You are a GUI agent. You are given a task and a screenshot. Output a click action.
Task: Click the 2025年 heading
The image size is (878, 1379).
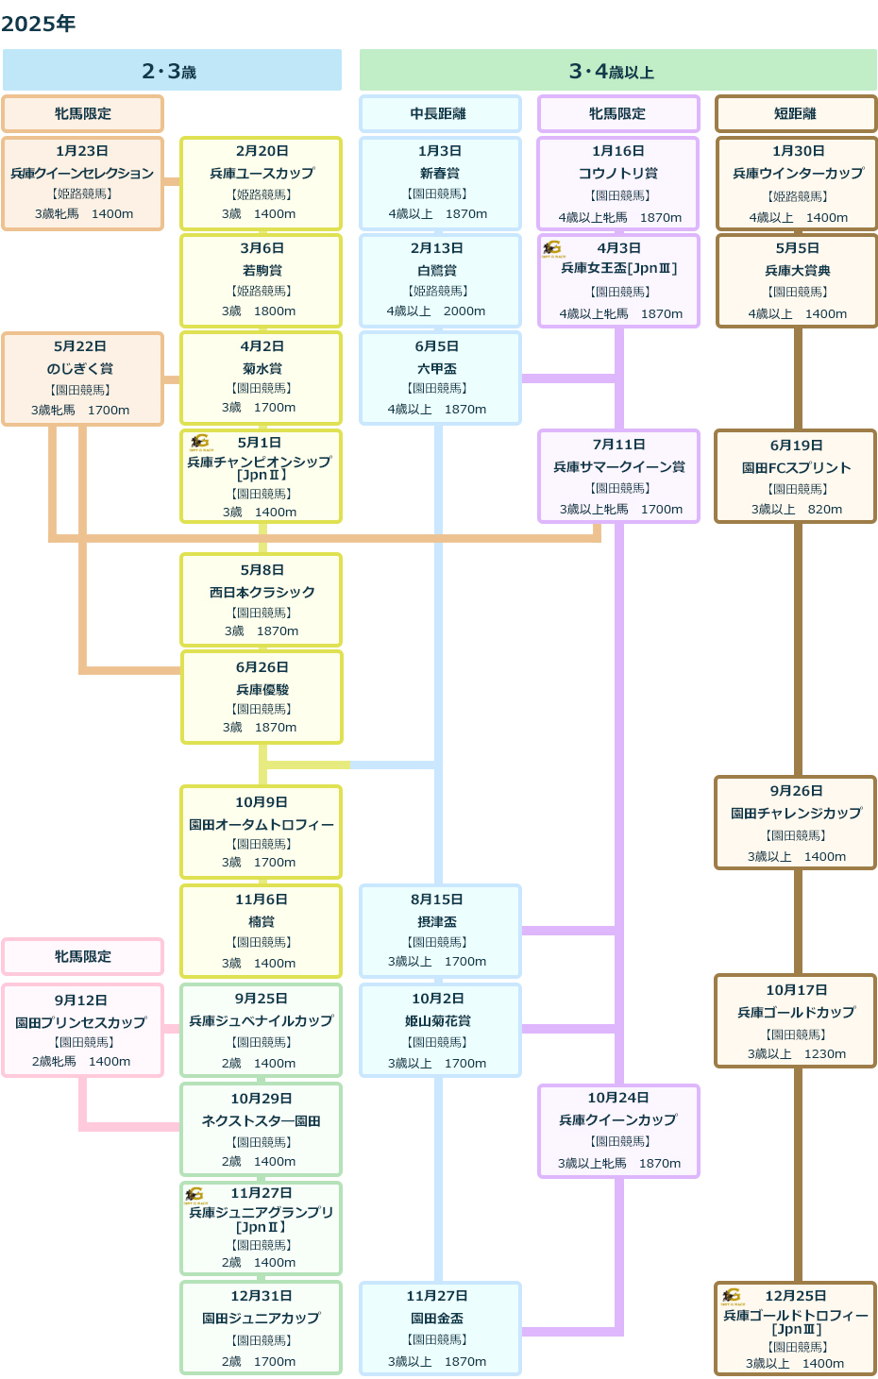(38, 24)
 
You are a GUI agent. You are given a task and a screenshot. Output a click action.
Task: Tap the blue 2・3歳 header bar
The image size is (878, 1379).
(172, 70)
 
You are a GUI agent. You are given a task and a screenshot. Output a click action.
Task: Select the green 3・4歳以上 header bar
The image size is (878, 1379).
(617, 70)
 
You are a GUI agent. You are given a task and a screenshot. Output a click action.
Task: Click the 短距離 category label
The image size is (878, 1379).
(796, 113)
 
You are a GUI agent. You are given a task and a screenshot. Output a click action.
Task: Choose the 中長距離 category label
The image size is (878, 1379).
(440, 113)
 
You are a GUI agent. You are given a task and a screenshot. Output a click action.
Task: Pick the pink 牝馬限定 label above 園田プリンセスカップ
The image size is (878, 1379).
(82, 956)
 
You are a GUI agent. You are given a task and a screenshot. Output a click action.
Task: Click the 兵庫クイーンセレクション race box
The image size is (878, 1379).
(82, 183)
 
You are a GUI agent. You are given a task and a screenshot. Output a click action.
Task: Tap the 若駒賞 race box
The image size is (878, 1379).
(262, 280)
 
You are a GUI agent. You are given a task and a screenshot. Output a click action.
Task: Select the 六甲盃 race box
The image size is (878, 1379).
(440, 378)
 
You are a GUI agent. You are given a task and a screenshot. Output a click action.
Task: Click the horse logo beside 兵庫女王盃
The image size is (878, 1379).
(551, 249)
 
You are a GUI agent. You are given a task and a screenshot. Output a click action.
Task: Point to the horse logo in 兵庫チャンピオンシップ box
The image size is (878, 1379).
(199, 443)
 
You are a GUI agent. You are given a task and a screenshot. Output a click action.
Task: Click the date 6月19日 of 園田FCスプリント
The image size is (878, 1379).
(796, 446)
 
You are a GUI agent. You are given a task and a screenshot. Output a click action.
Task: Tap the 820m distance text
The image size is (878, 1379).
(824, 509)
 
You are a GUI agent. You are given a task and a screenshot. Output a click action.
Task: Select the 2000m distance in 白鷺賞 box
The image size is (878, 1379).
(464, 311)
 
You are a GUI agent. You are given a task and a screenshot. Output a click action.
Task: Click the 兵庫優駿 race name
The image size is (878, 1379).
(262, 689)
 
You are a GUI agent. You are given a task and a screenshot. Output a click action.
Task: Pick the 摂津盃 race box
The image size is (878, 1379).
(440, 931)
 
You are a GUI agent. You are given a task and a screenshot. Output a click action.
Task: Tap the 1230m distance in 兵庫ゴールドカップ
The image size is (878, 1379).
(824, 1053)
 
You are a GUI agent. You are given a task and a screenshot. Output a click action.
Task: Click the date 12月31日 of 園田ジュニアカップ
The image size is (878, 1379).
(262, 1295)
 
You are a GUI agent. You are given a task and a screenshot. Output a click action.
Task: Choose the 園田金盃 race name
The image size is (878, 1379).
(437, 1318)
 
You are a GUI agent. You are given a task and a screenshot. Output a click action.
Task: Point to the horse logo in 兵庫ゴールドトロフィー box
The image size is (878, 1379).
(732, 1296)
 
